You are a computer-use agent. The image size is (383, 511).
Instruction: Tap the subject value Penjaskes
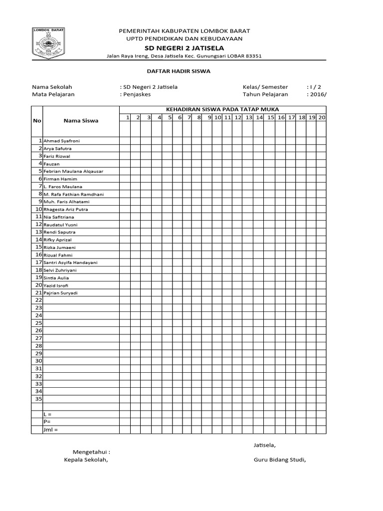pos(136,94)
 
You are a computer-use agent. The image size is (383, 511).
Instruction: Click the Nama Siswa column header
pos(81,120)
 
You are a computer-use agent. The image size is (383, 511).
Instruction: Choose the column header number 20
pos(322,117)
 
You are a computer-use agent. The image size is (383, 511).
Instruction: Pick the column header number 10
pos(217,117)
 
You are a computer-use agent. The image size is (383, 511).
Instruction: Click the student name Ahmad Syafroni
pos(62,141)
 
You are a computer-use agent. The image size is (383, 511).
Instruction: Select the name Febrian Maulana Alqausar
pos(73,171)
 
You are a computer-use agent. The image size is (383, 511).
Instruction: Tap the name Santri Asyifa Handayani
pos(71,262)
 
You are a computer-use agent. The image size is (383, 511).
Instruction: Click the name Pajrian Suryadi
pos(61,293)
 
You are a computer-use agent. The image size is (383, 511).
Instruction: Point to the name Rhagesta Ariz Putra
pos(66,210)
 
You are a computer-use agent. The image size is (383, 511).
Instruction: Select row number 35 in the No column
pos(38,399)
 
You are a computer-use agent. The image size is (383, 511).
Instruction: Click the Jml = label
pos(51,430)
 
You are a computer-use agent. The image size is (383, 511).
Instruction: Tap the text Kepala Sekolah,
pos(83,460)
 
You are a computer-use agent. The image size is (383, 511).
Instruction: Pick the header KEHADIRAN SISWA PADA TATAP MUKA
pos(222,109)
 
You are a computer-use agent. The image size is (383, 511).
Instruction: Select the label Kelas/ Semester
pos(265,87)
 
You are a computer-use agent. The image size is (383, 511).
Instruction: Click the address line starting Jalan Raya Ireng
pos(184,56)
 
